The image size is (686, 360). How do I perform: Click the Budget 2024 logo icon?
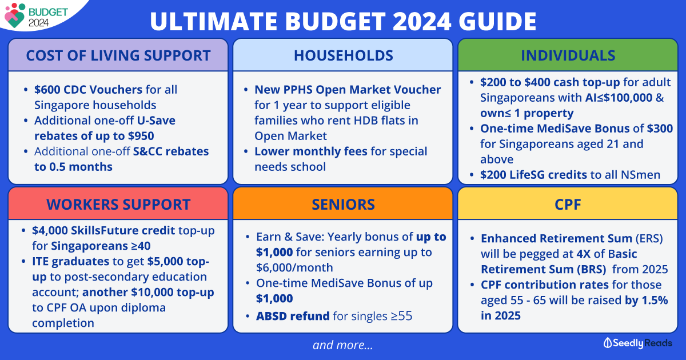15,15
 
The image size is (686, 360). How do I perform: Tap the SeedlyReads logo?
638,343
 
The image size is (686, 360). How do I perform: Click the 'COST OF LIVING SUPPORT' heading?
118,55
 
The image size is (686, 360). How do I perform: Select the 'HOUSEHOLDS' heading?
344,55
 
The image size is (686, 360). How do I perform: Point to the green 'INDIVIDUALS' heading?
568,55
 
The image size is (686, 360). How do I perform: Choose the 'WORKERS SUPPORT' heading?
118,204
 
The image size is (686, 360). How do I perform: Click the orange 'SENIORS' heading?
344,204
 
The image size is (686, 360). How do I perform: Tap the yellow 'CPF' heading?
568,204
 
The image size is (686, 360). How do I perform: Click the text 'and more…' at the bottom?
342,345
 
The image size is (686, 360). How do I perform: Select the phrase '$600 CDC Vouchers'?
88,90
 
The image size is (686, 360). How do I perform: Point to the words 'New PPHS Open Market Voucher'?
348,90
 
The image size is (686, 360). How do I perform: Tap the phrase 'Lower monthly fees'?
311,151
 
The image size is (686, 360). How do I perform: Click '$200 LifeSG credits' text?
533,175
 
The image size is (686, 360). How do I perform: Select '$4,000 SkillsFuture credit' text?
103,230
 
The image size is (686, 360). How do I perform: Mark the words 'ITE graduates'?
71,262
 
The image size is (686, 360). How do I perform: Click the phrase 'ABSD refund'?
293,316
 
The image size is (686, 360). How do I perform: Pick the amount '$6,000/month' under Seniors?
294,268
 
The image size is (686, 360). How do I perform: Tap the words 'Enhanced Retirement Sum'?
556,238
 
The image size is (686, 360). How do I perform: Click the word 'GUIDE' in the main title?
497,21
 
